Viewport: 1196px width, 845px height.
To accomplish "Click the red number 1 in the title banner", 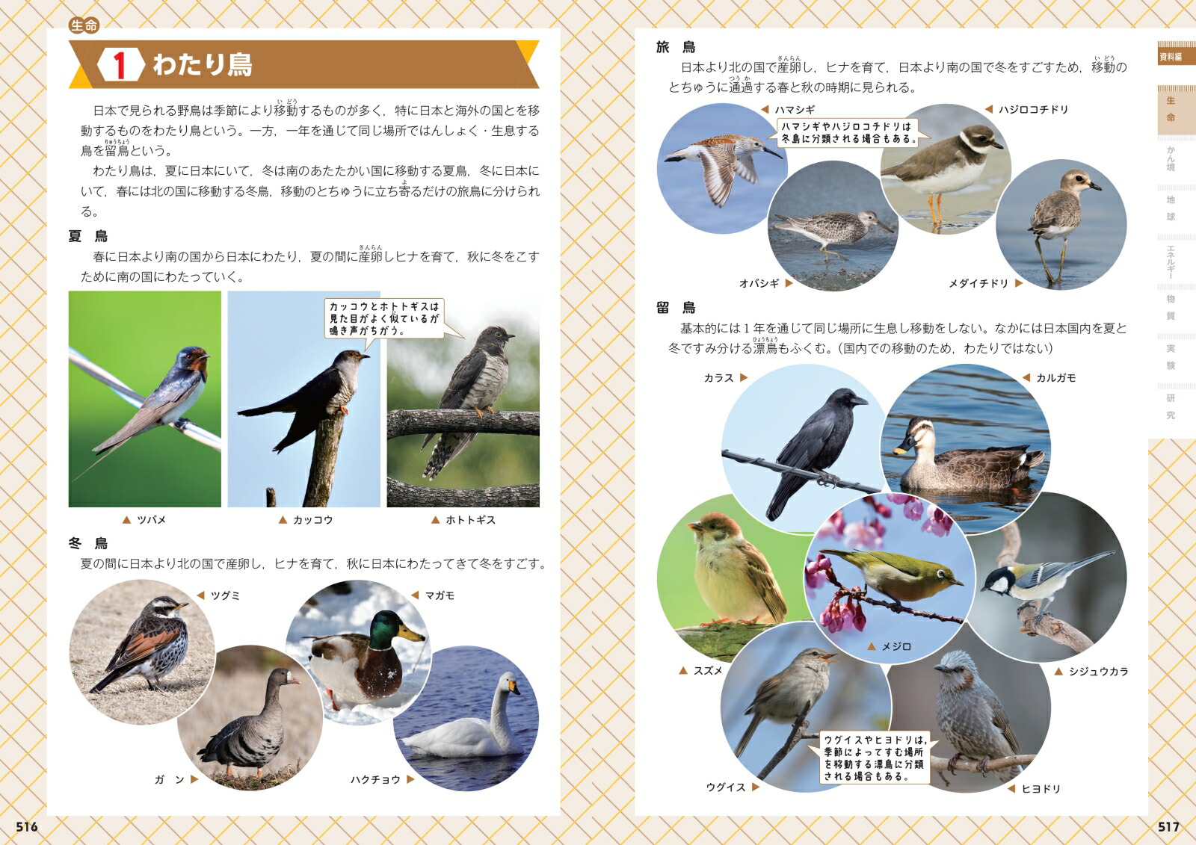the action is click(x=119, y=64).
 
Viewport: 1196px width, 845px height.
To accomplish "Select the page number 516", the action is click(x=27, y=827).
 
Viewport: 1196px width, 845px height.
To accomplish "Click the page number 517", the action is click(x=1168, y=827).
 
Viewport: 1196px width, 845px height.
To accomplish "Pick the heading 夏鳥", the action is click(x=88, y=236).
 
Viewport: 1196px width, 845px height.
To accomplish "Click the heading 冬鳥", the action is click(x=88, y=543).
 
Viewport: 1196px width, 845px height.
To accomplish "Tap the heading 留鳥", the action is click(x=676, y=308).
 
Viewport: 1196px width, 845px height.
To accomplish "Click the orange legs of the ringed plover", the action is click(x=935, y=210).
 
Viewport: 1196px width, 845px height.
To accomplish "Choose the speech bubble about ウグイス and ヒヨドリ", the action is click(x=874, y=758).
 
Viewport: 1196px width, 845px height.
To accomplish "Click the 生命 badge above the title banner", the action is click(x=84, y=25).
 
